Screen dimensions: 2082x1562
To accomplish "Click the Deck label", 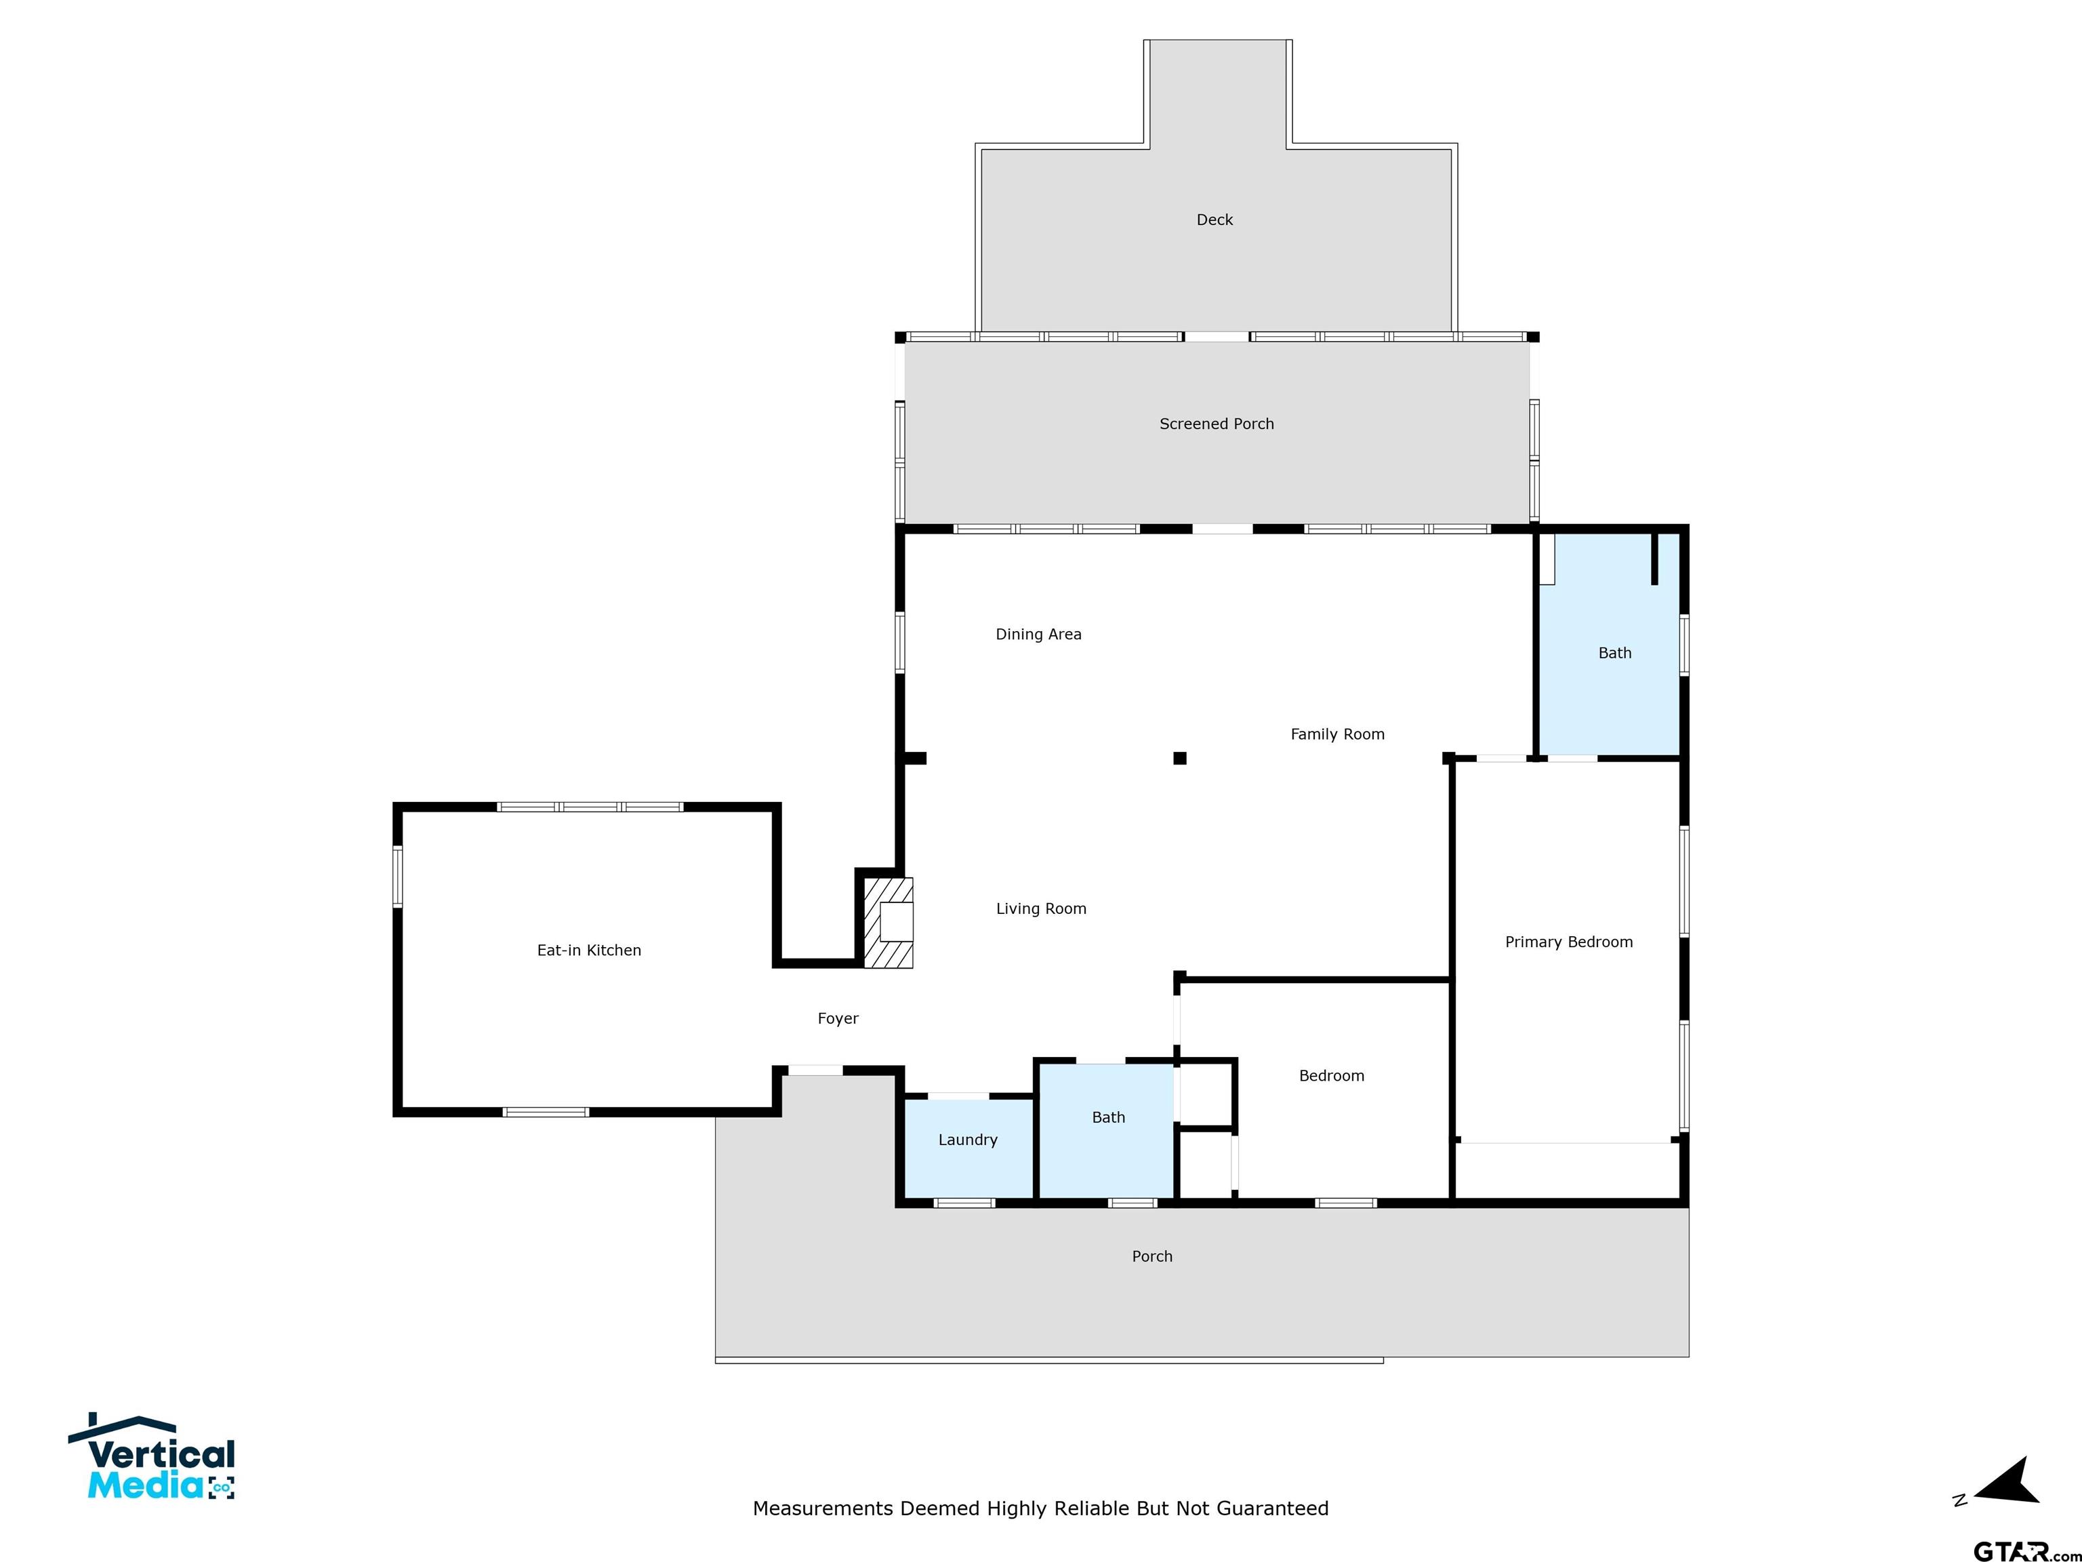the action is pyautogui.click(x=1214, y=220).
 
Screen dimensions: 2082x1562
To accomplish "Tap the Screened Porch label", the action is pyautogui.click(x=1216, y=424).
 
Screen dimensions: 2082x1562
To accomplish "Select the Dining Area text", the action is pyautogui.click(x=1038, y=635).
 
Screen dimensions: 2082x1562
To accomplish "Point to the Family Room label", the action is pyautogui.click(x=1336, y=734).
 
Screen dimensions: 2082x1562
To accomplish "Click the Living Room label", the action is pyautogui.click(x=1041, y=908).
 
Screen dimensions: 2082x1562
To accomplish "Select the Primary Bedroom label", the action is pyautogui.click(x=1568, y=942).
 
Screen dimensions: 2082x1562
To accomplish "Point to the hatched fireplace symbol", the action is pyautogui.click(x=889, y=923).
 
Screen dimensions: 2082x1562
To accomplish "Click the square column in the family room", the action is pyautogui.click(x=1179, y=758).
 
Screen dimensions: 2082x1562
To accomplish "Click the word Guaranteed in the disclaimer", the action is pyautogui.click(x=1273, y=1508).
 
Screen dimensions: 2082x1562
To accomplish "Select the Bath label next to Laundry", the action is pyautogui.click(x=1108, y=1117).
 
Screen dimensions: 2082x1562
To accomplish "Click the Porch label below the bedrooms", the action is pyautogui.click(x=1152, y=1257).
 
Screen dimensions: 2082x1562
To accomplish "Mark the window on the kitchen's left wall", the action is pyautogui.click(x=397, y=876).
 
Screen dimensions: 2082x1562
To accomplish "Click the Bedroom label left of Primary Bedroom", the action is pyautogui.click(x=1331, y=1076).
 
